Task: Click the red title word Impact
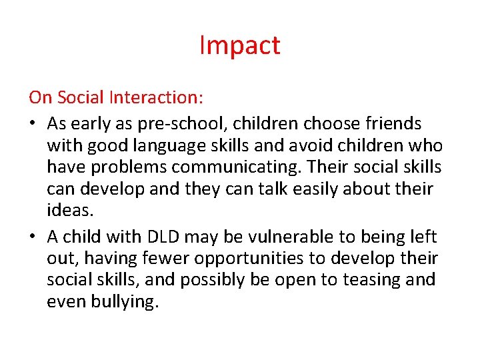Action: [240, 45]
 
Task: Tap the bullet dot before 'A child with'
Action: [33, 237]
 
